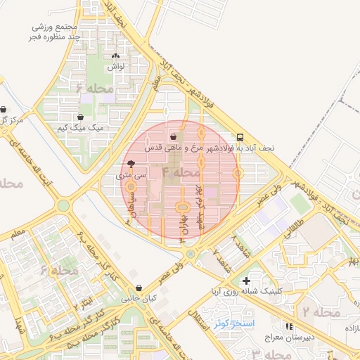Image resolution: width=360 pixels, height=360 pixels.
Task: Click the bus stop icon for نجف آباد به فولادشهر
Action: [240, 138]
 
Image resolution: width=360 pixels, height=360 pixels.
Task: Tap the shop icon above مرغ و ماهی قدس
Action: [174, 137]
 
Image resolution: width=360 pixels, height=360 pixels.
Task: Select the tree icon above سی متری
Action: [131, 162]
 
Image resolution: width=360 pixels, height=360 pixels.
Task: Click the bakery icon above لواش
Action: [115, 56]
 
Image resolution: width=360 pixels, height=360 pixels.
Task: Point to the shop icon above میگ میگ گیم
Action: [81, 117]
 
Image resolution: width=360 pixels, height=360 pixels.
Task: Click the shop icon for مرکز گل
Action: [6, 110]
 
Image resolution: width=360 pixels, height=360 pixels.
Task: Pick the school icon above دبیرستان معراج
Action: [288, 327]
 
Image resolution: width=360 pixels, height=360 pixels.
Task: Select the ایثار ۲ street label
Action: [82, 300]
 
